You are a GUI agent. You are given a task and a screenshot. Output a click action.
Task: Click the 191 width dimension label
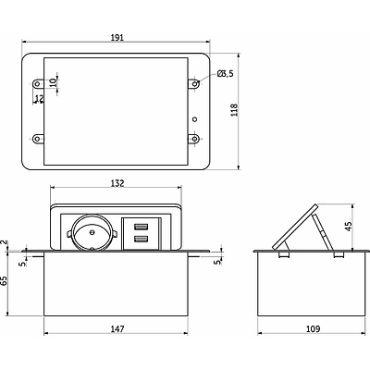click(x=117, y=38)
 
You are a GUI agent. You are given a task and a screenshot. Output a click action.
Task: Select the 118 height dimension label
click(x=235, y=110)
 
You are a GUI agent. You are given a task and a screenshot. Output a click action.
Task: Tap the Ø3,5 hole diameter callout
click(x=226, y=73)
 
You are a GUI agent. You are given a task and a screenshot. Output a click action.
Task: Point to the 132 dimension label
click(x=117, y=183)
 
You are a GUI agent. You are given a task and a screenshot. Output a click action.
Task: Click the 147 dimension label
click(x=117, y=329)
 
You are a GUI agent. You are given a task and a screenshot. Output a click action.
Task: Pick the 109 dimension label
click(x=314, y=329)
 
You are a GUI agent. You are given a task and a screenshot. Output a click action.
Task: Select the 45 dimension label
click(x=349, y=226)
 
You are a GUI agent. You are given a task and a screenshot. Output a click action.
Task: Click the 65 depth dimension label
click(x=4, y=281)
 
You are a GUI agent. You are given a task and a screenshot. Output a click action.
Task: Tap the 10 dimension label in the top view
click(x=53, y=82)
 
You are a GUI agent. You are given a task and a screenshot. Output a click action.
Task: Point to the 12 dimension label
click(x=40, y=99)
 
